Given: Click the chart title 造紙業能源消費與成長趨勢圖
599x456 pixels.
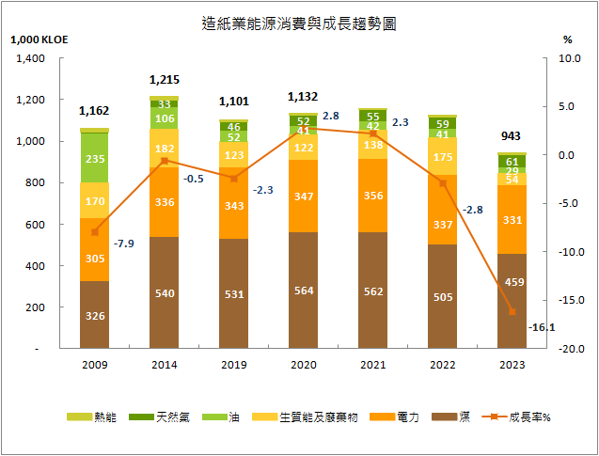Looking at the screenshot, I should click(x=298, y=24).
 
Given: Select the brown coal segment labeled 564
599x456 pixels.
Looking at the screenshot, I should click(x=303, y=291).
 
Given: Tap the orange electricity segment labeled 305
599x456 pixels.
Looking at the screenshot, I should click(x=94, y=259).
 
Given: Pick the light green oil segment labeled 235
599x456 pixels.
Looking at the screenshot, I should click(x=94, y=159).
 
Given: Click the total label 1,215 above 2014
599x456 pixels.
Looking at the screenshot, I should click(x=165, y=81).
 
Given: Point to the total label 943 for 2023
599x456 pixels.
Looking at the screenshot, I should click(x=512, y=137).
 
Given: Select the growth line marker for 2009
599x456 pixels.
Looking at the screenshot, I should click(x=94, y=232).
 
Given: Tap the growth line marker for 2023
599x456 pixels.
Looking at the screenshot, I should click(x=512, y=312).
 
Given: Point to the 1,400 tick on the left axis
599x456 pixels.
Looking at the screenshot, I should click(x=32, y=58).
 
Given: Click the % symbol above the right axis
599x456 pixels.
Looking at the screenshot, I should click(x=567, y=39).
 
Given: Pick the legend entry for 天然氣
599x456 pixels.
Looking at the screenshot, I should click(x=164, y=417).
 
